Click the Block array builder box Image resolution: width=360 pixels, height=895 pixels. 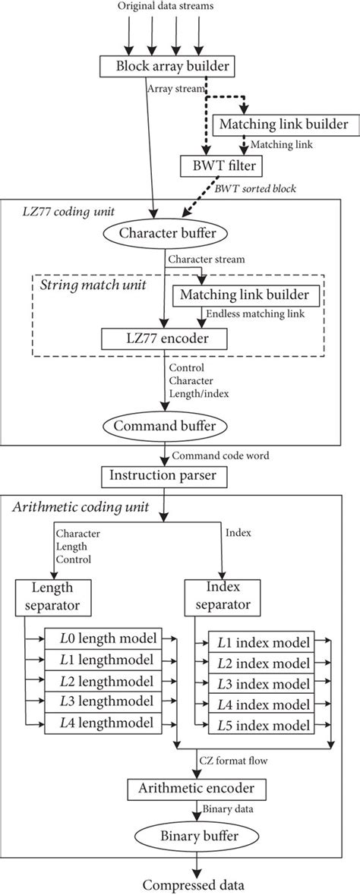[x=163, y=66]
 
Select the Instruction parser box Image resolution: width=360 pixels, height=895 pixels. [x=163, y=476]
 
